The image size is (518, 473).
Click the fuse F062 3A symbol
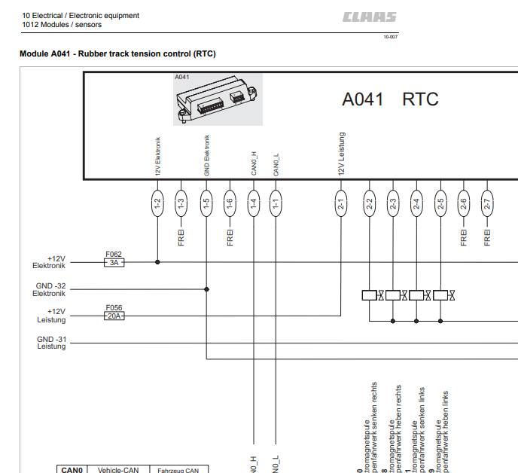coord(114,262)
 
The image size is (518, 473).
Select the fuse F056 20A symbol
coord(114,316)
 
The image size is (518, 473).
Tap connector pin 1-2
coord(157,202)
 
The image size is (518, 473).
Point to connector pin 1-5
coord(206,202)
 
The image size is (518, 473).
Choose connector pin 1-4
coord(254,202)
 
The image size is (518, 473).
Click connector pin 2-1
coord(341,202)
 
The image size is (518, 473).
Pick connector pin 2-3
coord(393,202)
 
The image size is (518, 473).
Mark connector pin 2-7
coord(487,202)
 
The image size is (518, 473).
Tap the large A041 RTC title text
coord(390,99)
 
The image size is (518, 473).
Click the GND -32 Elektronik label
coord(50,290)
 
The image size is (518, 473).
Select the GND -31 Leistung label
coord(51,343)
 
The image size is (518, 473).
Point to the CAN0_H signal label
coord(254,164)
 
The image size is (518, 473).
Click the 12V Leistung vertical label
coord(341,155)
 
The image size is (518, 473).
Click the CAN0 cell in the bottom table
coord(72,469)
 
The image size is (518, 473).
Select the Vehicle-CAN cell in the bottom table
coord(118,469)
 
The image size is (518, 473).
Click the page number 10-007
coord(391,36)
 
